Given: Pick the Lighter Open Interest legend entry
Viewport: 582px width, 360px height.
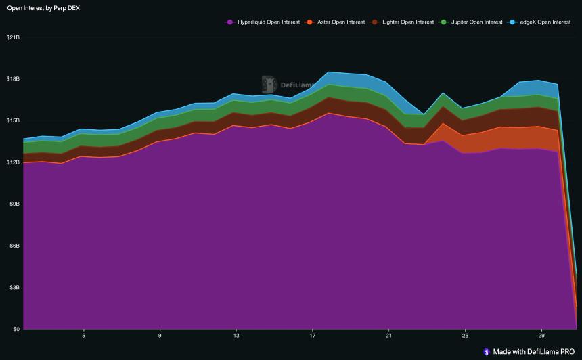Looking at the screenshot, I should pos(406,22).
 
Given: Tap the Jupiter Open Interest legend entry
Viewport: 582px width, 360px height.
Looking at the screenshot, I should pos(474,22).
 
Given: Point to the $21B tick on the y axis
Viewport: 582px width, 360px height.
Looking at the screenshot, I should pos(13,37).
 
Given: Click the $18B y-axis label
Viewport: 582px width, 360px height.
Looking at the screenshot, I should pos(13,79).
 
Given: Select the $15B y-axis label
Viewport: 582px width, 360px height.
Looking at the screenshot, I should pos(13,120).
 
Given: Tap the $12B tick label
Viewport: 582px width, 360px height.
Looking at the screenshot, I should pos(13,162).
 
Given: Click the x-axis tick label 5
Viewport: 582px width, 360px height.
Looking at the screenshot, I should pos(83,336).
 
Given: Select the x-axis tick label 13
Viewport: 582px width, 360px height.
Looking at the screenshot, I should pos(236,336).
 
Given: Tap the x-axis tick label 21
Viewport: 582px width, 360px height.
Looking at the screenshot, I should pos(388,336).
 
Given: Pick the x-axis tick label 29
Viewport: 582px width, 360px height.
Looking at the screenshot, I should pos(541,336).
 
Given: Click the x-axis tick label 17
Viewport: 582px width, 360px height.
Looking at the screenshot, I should pos(312,336).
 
